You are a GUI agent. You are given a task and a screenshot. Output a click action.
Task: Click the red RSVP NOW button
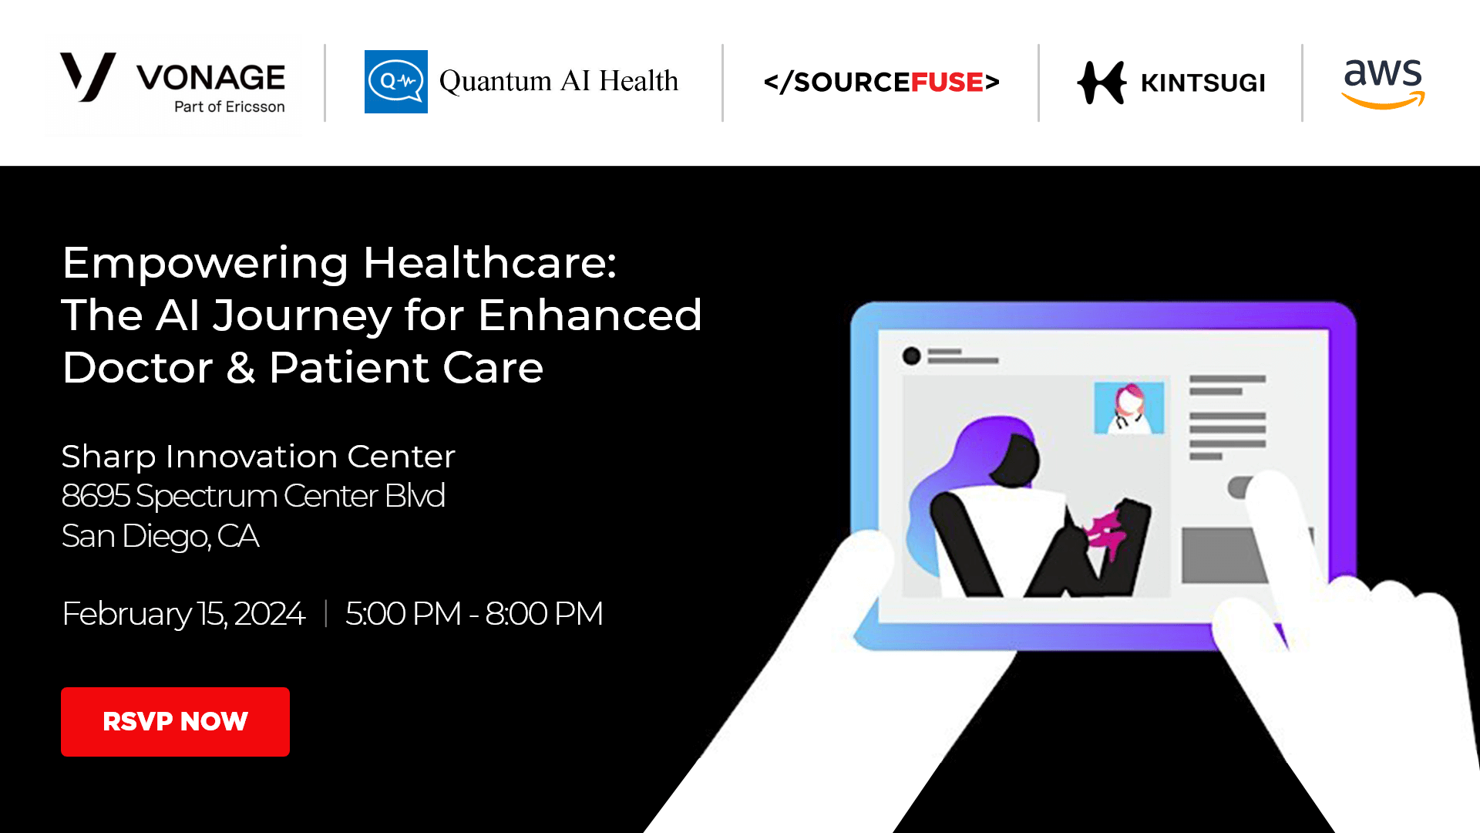coord(175,721)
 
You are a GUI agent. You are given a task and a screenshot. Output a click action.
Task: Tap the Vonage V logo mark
coord(88,77)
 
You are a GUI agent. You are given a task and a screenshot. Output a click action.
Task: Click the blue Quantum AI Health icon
coord(395,82)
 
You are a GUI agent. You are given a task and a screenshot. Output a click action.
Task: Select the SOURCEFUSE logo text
coord(881,82)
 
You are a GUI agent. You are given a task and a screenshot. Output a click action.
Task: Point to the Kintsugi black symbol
coord(1102,83)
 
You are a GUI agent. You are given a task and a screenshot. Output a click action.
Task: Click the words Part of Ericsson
coord(230,106)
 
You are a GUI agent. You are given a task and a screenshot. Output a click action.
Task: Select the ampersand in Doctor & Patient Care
coord(240,368)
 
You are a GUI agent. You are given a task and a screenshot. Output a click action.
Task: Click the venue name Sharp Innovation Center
coord(258,457)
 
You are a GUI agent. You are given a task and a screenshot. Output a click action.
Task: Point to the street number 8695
coord(96,496)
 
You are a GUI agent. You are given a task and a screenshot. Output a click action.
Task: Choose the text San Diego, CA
coord(160,536)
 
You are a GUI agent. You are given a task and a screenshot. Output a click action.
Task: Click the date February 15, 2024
coord(183,614)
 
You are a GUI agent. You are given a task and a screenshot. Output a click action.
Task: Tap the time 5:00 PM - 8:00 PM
coord(474,614)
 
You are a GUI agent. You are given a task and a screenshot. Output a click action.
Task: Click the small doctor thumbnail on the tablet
coord(1129,407)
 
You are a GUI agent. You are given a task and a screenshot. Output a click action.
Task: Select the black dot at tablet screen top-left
coord(912,356)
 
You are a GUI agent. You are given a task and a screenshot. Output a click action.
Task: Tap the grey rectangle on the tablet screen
coord(1226,555)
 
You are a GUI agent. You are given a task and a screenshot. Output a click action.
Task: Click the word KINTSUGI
coord(1202,83)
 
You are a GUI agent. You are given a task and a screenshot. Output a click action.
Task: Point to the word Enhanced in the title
coord(590,315)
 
